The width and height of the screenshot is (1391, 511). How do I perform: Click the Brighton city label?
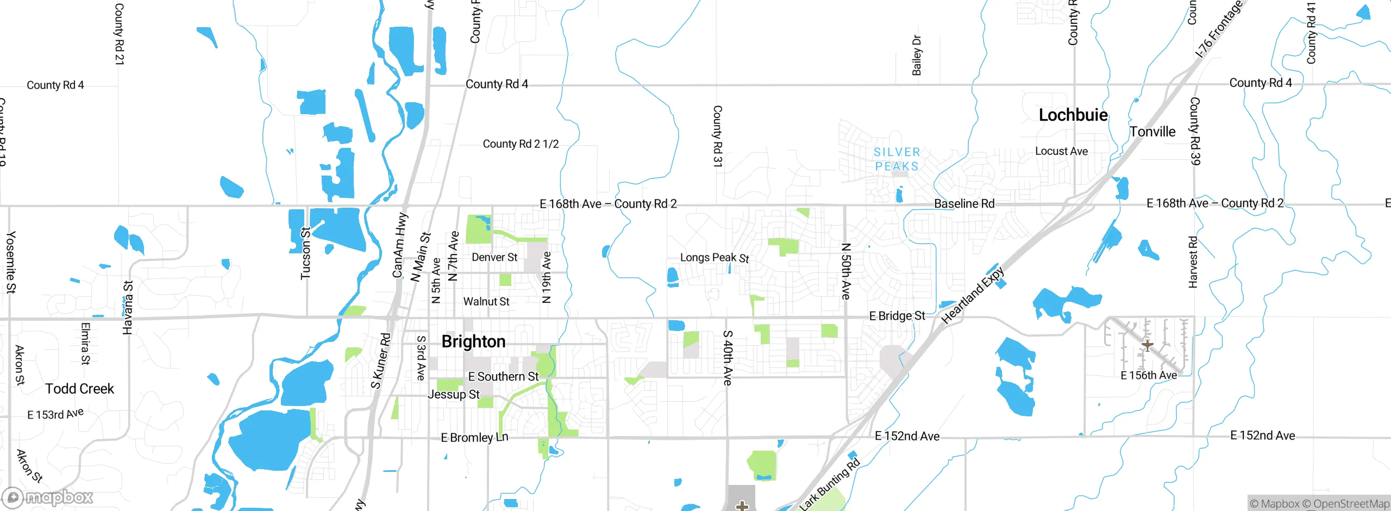pos(473,341)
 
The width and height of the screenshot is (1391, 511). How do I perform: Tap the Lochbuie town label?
pos(1073,115)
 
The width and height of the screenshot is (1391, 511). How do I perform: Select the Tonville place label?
pos(1152,132)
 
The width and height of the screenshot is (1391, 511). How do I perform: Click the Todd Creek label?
pos(79,389)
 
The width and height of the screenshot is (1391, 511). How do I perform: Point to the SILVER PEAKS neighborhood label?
pos(897,159)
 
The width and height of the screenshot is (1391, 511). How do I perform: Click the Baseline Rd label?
pos(964,203)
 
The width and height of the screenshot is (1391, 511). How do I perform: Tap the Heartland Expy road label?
pos(973,295)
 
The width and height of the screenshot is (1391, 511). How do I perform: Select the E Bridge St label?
pos(897,316)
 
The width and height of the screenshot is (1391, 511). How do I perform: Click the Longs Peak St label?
pos(714,258)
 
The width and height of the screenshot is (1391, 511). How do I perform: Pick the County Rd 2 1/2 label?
pos(521,144)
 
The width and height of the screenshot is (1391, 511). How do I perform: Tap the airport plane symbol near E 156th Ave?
pos(1147,345)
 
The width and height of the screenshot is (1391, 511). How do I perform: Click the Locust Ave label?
pos(1061,151)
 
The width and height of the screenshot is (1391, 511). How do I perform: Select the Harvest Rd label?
pos(1193,262)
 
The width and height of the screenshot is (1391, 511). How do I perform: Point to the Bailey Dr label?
pos(917,55)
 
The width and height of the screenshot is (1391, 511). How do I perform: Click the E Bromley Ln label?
pos(474,438)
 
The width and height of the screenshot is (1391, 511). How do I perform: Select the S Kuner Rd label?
pos(381,361)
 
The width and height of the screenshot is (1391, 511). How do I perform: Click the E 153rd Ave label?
pos(55,414)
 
